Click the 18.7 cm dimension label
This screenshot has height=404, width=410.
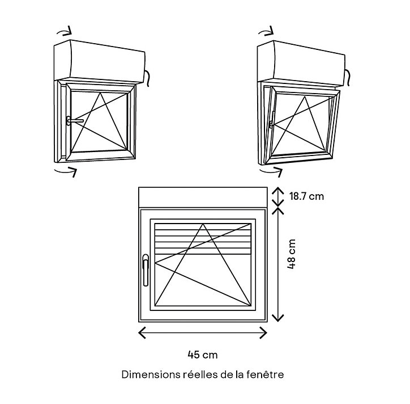306,196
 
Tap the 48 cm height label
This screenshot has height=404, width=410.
291,254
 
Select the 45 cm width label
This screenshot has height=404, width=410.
203,355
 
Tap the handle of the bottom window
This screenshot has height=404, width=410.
146,270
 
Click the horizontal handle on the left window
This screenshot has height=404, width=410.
75,121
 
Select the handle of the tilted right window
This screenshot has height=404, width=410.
272,120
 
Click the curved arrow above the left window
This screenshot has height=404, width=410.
65,32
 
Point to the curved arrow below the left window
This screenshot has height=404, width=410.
66,171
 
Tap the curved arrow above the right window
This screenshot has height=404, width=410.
266,32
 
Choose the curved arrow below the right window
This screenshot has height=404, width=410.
271,171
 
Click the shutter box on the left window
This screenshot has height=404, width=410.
99,62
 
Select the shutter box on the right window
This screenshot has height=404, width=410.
301,63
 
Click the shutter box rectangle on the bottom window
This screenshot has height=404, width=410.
203,197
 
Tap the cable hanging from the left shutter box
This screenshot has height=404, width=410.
147,78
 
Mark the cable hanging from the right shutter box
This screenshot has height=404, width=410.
348,78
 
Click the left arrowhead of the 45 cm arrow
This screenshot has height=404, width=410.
142,333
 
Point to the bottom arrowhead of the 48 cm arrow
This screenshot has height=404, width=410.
277,318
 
